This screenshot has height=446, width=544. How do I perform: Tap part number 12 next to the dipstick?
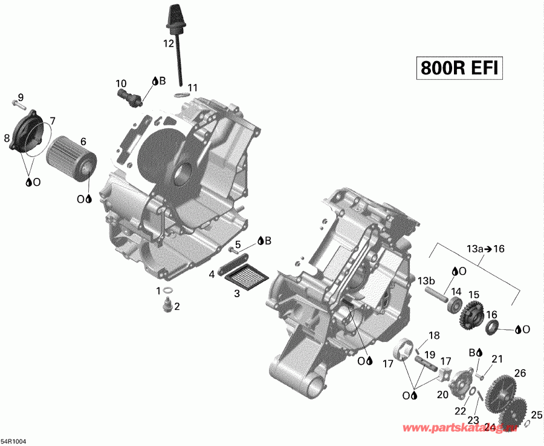point(168,44)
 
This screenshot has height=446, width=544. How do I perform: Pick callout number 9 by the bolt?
point(21,97)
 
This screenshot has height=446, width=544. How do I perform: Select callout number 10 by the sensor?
point(121,83)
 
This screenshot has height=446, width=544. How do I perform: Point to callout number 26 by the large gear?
point(519,373)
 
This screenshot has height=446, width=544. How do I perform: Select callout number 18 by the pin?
point(433,336)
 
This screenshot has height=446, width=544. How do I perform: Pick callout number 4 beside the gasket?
point(212,274)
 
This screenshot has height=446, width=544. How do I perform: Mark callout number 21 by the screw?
point(497,359)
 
